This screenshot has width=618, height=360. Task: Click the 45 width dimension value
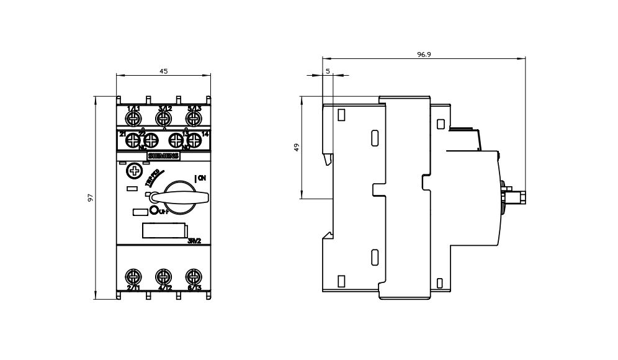[164, 71]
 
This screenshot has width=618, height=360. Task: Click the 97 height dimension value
[91, 197]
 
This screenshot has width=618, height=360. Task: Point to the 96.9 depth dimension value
[424, 55]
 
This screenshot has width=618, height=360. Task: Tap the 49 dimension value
[297, 148]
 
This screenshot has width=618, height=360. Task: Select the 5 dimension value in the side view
[327, 71]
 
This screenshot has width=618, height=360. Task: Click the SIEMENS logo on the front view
[163, 156]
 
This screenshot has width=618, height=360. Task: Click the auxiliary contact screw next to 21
[132, 140]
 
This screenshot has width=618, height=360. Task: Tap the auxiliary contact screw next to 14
[194, 140]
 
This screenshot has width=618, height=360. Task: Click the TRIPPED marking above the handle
[153, 177]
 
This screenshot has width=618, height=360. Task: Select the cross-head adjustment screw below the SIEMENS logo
[133, 171]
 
